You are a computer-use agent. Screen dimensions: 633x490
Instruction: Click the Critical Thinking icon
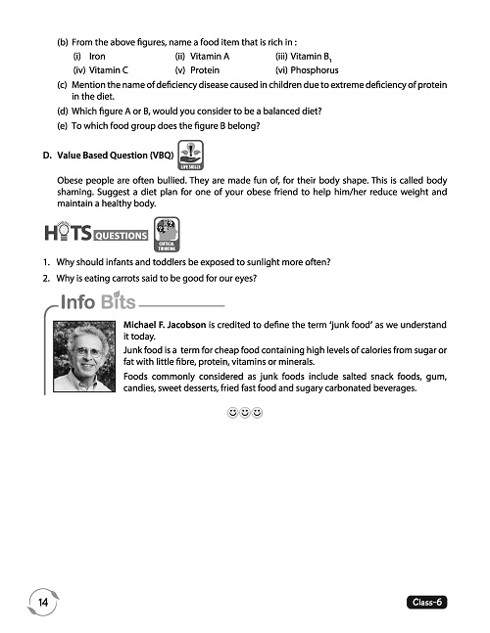click(x=168, y=234)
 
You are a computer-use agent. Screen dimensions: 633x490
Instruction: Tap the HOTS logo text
click(x=68, y=236)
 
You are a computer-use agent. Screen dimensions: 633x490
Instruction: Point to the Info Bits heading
click(x=97, y=301)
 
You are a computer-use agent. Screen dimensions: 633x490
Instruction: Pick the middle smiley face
click(x=244, y=414)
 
